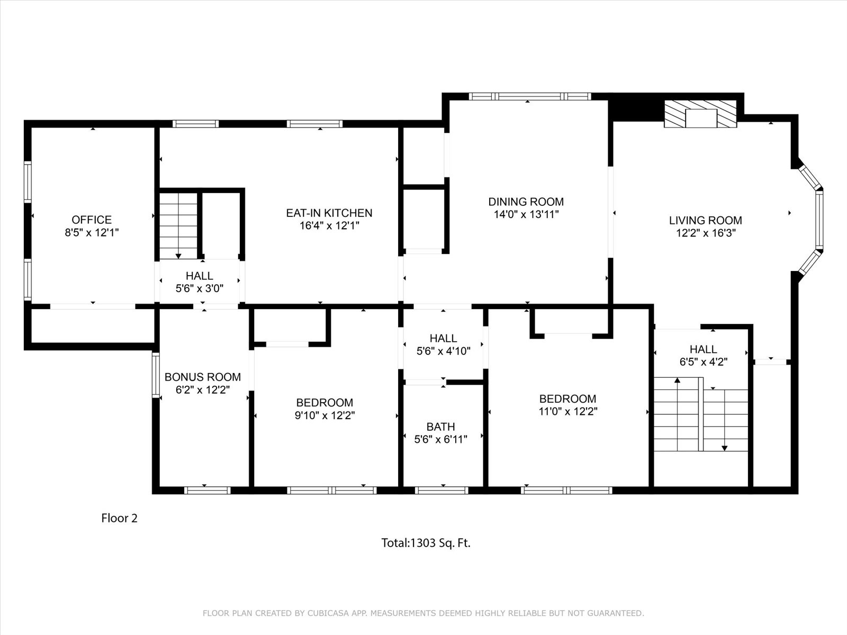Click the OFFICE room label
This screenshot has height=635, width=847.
(x=92, y=220)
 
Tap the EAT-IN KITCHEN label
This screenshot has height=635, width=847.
(x=329, y=213)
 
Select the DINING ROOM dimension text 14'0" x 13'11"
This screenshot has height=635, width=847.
(x=526, y=214)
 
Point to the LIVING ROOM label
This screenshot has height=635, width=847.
(x=705, y=220)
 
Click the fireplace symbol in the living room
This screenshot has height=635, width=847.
(x=700, y=114)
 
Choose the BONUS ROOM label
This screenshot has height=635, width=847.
(x=203, y=377)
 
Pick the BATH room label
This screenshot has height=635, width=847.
(x=440, y=427)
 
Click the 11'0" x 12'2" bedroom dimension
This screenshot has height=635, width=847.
(x=568, y=411)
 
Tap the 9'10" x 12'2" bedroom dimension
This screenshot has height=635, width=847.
(x=325, y=415)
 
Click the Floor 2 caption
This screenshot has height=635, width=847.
(x=119, y=518)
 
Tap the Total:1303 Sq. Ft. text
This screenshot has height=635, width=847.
(x=426, y=543)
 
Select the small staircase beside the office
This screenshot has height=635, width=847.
(x=178, y=226)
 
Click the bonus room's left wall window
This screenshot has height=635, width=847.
(x=156, y=375)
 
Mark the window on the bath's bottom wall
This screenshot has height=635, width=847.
(x=442, y=491)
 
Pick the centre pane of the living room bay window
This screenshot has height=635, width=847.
(x=819, y=220)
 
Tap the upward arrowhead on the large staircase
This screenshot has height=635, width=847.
(x=677, y=380)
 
